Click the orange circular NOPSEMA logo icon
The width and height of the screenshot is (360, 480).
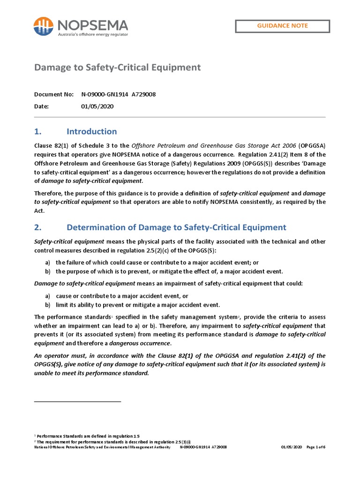point(43,27)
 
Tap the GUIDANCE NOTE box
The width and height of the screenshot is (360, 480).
point(282,26)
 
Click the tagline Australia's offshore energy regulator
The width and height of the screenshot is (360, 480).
point(92,34)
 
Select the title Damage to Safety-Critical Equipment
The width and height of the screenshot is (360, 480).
point(117,67)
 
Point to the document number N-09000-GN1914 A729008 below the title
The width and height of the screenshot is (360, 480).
point(118,95)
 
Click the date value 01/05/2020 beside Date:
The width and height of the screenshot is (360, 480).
point(97,106)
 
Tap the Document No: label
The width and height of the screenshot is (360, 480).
point(54,95)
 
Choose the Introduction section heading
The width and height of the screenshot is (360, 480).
point(91,131)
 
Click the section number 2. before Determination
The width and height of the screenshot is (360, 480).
point(38,227)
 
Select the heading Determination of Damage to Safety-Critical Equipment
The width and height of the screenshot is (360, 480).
point(176,227)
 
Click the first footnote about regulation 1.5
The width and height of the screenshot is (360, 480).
point(87,436)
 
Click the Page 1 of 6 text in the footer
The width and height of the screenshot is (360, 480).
point(315,447)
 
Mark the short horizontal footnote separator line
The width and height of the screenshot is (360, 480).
point(78,401)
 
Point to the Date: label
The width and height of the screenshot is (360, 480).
point(42,106)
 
